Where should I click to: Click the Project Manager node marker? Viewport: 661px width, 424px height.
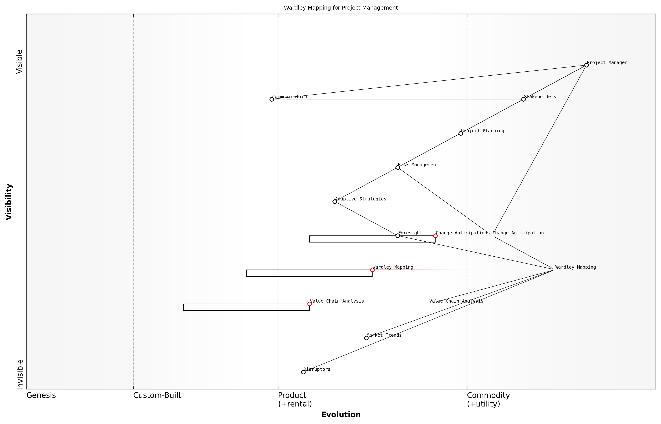coord(586,65)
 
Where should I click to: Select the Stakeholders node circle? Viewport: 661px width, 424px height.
coord(523,99)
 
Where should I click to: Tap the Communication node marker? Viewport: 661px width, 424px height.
coord(271,99)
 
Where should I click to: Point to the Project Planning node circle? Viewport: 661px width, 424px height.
coord(460,134)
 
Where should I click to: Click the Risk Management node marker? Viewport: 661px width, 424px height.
coord(397,167)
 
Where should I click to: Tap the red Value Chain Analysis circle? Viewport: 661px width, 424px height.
coord(310,304)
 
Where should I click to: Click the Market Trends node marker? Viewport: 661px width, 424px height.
coord(366,338)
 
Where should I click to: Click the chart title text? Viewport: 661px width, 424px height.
coord(341,8)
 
